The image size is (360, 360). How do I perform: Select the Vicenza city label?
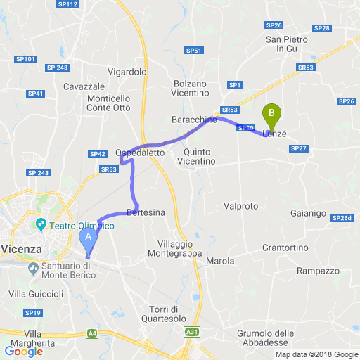[x=22, y=249]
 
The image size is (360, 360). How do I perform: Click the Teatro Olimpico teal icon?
[x=41, y=225]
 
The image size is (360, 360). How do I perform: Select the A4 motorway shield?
[x=92, y=333]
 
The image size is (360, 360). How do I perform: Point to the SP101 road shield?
[x=25, y=60]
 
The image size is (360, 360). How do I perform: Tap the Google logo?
[x=23, y=351]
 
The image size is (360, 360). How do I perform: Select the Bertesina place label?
[x=146, y=212]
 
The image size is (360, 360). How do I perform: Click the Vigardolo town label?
[x=127, y=72]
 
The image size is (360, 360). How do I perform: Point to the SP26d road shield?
[x=341, y=219]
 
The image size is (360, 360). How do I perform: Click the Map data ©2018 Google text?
[x=316, y=354]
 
